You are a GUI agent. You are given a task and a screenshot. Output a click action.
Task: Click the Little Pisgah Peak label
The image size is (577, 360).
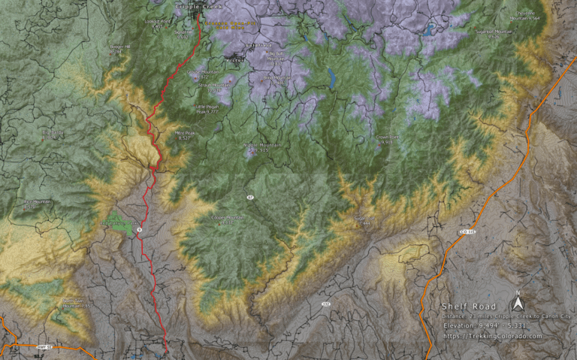coord(207,108)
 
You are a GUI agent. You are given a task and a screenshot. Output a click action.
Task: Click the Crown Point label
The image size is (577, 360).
coord(388,138)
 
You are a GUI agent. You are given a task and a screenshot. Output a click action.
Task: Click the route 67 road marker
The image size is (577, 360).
coord(249,197)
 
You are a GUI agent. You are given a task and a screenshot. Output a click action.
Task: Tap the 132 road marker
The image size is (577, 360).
coord(325,304)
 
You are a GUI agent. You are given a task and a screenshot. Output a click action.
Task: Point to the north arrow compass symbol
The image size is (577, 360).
coord(517,303)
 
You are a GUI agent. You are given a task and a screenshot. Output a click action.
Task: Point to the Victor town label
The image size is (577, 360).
coord(234,60)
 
